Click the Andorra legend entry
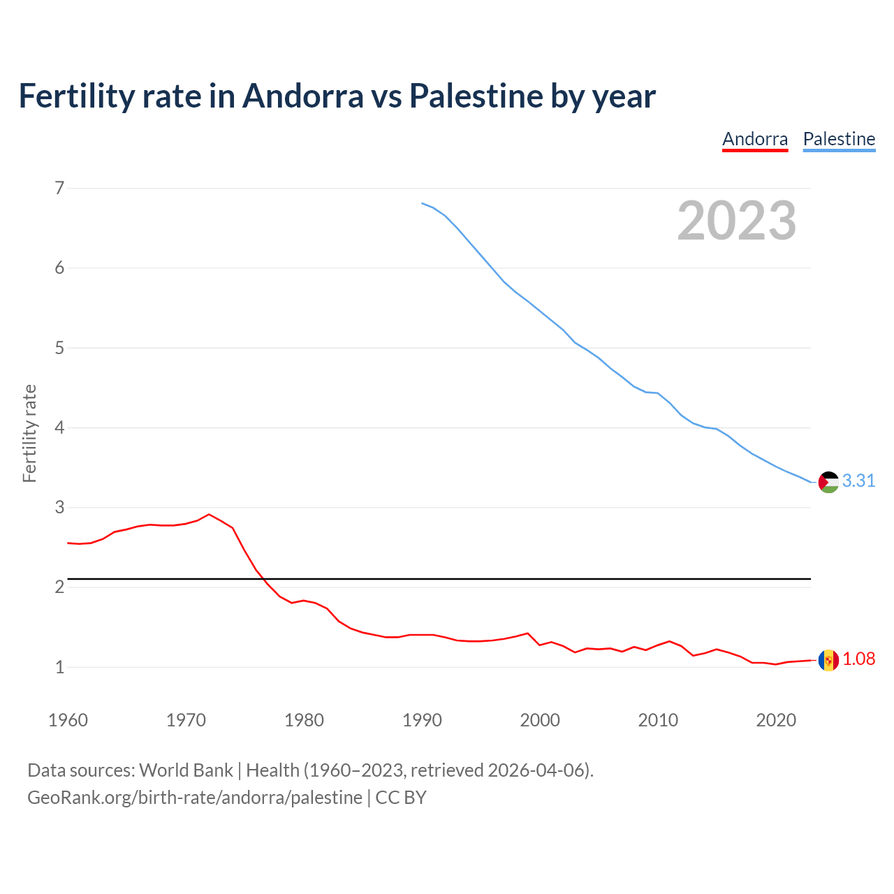[x=755, y=139]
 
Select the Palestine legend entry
[x=839, y=139]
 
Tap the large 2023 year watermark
[x=736, y=221]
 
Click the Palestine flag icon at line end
[x=828, y=482]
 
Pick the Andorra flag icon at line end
[x=828, y=660]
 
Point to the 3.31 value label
[x=858, y=481]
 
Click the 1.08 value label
[x=858, y=659]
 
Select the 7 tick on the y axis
[x=59, y=188]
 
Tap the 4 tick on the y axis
[x=59, y=427]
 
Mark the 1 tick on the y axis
[x=59, y=667]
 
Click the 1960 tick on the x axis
[x=68, y=720]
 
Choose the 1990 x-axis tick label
[x=422, y=720]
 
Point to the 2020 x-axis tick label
[x=776, y=720]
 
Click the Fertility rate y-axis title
[x=29, y=433]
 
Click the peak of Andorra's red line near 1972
[x=209, y=514]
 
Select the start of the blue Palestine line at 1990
[x=423, y=203]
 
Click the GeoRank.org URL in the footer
[x=195, y=797]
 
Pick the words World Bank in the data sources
[x=186, y=770]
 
